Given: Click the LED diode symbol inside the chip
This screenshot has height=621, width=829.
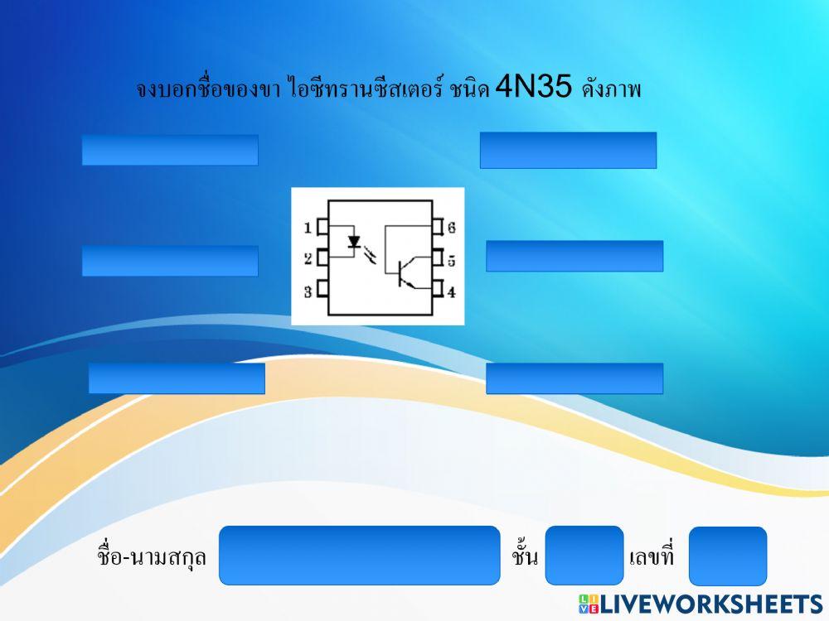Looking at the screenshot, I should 355,243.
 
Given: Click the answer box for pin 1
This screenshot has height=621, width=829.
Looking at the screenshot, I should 170,150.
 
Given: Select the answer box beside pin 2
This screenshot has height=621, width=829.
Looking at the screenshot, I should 170,261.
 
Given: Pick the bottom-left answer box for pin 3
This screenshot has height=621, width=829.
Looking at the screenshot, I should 177,378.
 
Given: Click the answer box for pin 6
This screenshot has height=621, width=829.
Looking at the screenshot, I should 568,150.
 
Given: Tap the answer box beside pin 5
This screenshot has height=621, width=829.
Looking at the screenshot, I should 574,256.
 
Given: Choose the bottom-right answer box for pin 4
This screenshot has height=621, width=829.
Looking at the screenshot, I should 574,378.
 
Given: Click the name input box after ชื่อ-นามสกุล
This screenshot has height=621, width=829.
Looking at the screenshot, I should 360,555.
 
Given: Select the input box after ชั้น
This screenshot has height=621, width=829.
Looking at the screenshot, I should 584,555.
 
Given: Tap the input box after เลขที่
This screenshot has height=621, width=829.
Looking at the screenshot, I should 728,556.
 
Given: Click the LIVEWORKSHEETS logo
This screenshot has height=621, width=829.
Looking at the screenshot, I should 700,604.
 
